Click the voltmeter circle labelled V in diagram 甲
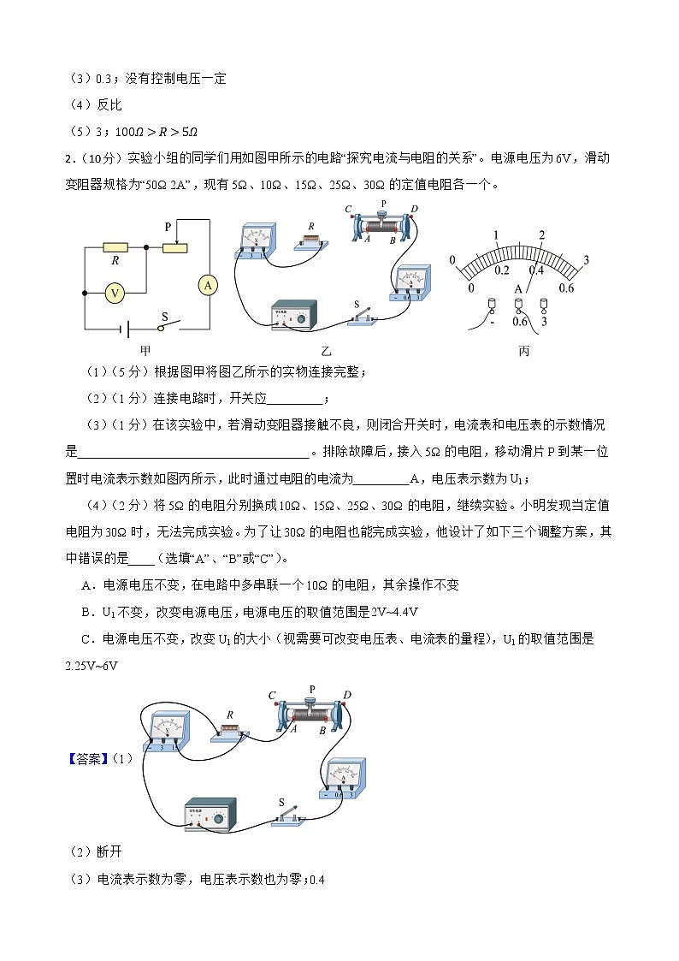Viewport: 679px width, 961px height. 115,293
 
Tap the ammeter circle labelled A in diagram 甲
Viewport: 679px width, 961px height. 207,285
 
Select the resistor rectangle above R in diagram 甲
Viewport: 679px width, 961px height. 115,247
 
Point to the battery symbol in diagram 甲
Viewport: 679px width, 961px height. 125,328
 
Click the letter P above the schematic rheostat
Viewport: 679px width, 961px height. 168,227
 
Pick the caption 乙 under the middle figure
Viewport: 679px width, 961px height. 326,350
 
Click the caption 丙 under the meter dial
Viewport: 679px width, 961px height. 523,350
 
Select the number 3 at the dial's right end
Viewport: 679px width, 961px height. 586,259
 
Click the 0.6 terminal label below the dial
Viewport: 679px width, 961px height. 519,322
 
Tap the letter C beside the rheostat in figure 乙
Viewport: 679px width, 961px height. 348,210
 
